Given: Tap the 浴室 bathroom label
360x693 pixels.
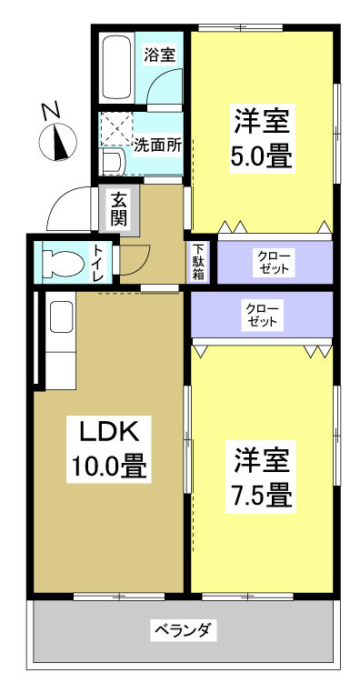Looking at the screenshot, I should coord(160,55).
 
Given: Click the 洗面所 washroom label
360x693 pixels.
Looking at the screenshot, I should coord(157,144).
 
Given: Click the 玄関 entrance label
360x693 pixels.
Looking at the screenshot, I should coord(120,211).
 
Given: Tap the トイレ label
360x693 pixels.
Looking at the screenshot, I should coord(97,261).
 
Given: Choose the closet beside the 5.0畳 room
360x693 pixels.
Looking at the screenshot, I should coord(273,261).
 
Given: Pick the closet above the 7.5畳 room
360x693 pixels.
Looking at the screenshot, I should coord(262,315).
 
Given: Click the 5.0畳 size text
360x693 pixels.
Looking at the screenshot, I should coord(264,156).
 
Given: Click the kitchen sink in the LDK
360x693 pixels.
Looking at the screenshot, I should coord(61,317).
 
